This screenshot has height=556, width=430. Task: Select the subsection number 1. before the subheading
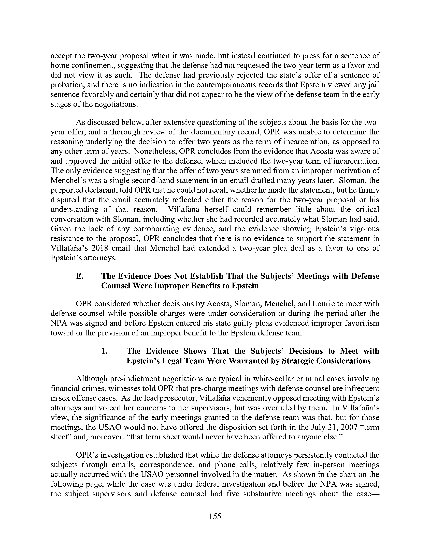point(104,351)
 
